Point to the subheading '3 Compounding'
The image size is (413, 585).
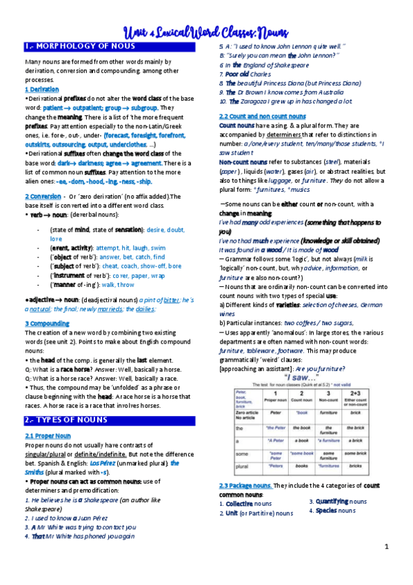[x=47, y=322]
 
